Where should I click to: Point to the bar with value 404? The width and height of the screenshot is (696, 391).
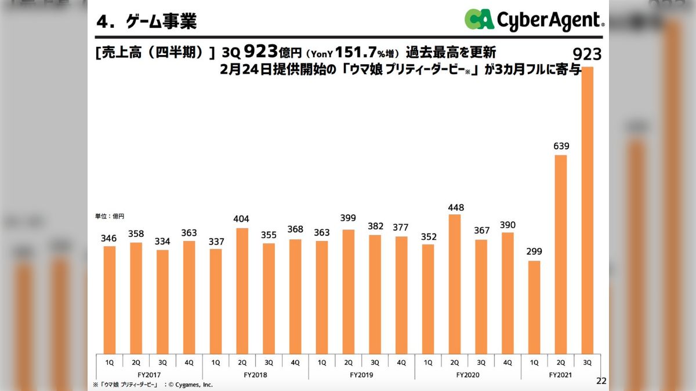point(242,290)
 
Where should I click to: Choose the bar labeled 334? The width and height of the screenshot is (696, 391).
point(163,301)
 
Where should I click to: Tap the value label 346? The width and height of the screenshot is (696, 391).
point(110,239)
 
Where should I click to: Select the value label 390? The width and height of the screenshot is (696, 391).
point(507,225)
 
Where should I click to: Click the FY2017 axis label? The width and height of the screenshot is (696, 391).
point(150,375)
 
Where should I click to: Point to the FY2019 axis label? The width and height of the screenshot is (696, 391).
point(362,375)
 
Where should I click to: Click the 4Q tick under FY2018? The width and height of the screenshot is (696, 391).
point(295,363)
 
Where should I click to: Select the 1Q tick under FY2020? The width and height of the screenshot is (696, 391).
point(428,363)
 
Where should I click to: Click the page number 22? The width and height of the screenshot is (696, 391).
point(601,381)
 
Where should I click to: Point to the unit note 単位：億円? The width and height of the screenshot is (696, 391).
point(110,216)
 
